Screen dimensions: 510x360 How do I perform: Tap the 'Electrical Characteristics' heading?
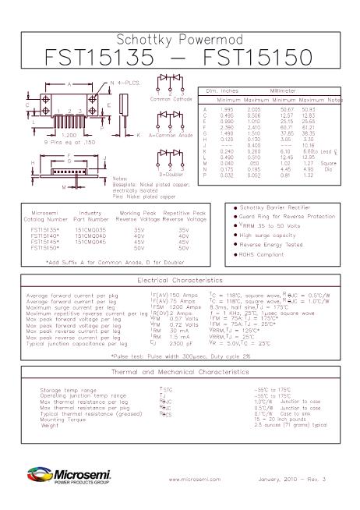tap(180, 279)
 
